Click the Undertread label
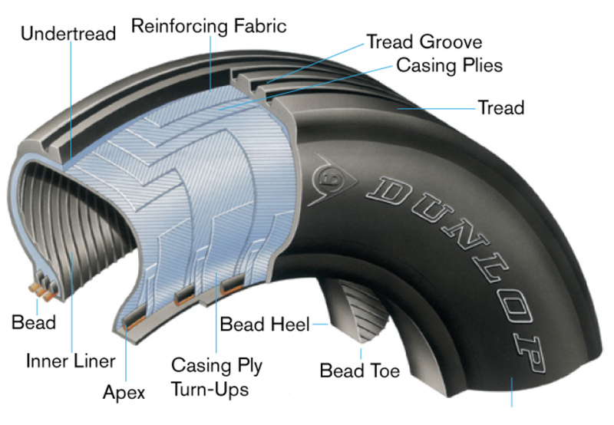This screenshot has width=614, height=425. pos(68,34)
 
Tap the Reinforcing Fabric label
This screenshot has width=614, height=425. pos(208,26)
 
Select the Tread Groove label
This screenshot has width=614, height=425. pos(424,41)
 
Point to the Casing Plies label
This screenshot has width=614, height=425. pos(449,64)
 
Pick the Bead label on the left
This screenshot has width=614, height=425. pos(34,321)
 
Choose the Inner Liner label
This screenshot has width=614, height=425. pos(70,361)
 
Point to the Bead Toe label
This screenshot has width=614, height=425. pos(359,371)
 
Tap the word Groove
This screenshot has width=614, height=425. pos(453,41)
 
